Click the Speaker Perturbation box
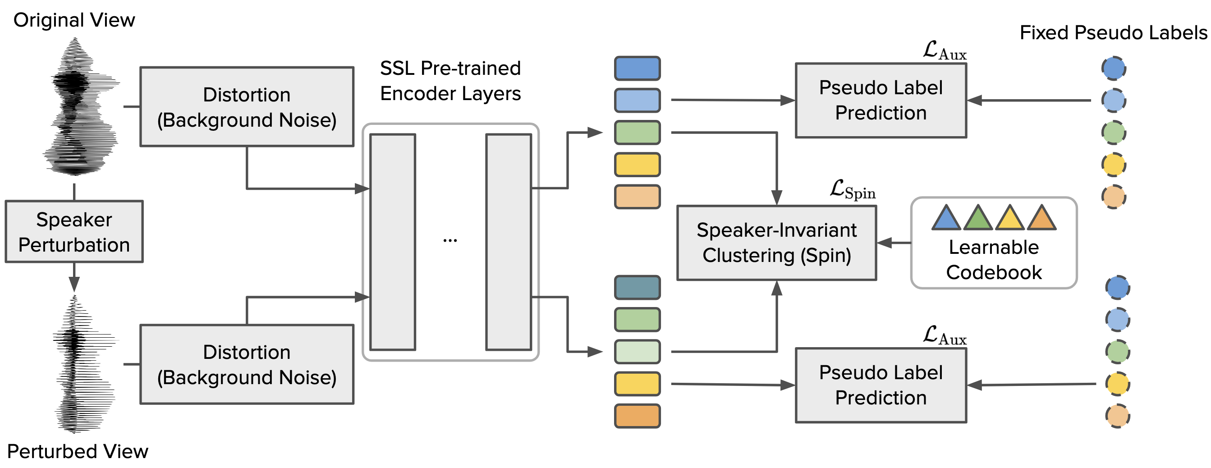point(74,231)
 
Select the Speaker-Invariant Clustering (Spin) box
point(776,243)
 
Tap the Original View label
point(74,20)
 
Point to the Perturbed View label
point(78,451)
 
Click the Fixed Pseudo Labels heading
point(1113,33)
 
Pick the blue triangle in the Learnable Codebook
point(945,219)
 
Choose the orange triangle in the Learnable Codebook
point(1042,219)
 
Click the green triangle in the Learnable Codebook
point(978,219)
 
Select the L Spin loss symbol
point(852,189)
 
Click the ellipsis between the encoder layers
point(450,240)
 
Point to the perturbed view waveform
point(80,364)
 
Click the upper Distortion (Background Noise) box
point(247,107)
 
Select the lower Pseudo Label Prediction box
point(881,385)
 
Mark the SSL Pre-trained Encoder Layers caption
point(450,81)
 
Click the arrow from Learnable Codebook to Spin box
point(893,243)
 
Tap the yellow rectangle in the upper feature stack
point(637,165)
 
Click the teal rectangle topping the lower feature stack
point(637,287)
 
